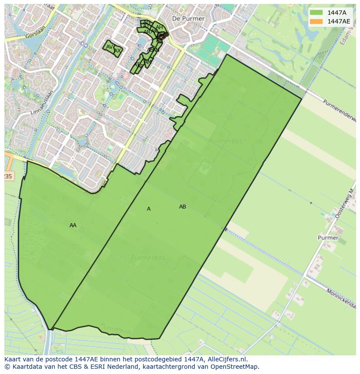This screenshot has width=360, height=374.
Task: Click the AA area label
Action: pos(73,225)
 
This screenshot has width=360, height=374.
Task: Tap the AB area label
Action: pos(183,207)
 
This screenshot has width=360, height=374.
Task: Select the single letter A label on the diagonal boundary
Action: pos(149,209)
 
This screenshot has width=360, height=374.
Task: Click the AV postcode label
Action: pos(110,47)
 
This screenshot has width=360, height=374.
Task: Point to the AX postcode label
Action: pos(117,51)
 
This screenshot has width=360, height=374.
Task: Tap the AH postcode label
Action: pos(159,27)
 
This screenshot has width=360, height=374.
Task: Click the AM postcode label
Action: pos(148,62)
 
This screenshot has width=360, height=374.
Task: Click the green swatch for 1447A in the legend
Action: pos(317,13)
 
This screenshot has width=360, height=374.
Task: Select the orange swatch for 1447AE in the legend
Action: pos(317,21)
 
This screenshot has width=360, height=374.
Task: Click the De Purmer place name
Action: pos(188,19)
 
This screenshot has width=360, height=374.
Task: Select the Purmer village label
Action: pos(328,238)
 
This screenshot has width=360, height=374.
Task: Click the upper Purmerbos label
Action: pos(225,141)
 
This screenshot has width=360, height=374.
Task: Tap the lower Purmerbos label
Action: pos(148,258)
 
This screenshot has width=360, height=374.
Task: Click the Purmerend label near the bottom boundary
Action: pos(115,329)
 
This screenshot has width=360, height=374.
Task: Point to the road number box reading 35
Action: pos(8,176)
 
